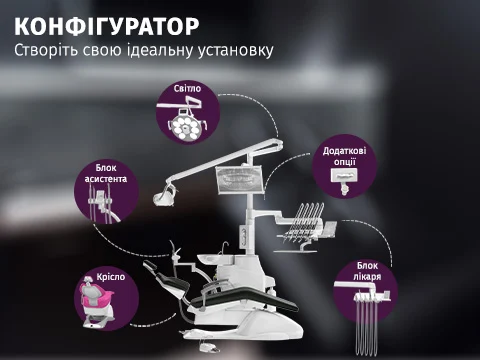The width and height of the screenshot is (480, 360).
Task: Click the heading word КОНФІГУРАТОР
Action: pyautogui.click(x=107, y=26)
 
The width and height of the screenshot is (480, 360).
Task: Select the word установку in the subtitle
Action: pyautogui.click(x=236, y=51)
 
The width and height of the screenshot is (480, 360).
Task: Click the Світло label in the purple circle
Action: pyautogui.click(x=187, y=88)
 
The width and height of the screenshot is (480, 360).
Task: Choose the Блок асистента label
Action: pyautogui.click(x=106, y=173)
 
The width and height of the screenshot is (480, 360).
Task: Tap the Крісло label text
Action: pyautogui.click(x=111, y=277)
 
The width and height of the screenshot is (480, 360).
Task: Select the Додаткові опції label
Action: pyautogui.click(x=344, y=156)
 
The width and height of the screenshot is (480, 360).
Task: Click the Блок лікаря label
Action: pyautogui.click(x=367, y=271)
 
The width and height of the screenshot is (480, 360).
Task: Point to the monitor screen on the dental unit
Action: pyautogui.click(x=239, y=180)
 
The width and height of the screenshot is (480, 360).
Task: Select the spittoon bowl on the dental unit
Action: pyautogui.click(x=209, y=259)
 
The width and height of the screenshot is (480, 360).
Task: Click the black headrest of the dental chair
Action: pyautogui.click(x=150, y=266)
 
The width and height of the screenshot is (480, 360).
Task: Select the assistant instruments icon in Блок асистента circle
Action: pyautogui.click(x=103, y=204)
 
